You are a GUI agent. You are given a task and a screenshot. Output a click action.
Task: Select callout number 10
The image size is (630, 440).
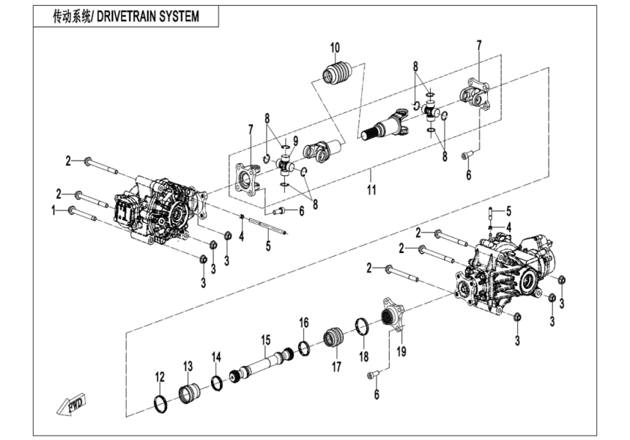click(335, 49)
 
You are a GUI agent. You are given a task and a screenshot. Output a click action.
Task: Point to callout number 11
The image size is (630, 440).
click(371, 190)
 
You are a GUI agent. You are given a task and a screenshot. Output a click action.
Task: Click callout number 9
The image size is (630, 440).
click(295, 140)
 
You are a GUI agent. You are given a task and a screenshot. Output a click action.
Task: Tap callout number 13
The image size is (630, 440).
click(188, 366)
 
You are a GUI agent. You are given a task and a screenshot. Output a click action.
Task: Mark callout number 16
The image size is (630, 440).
click(304, 323)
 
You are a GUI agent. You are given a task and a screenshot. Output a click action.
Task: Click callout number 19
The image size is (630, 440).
click(401, 351)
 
